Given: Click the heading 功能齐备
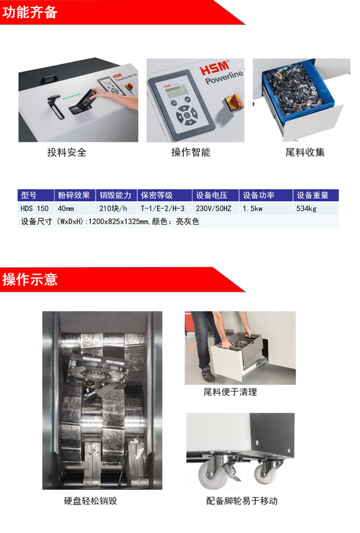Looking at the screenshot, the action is point(29,13).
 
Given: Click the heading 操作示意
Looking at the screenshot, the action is point(30,280).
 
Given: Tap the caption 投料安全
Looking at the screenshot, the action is point(67,152).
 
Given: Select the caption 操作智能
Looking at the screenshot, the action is point(191,152).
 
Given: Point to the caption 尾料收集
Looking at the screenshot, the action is point(305,152).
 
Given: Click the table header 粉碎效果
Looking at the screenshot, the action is point(74,195).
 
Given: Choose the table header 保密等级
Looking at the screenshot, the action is point(157,195).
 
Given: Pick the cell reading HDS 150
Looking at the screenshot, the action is point(34,208).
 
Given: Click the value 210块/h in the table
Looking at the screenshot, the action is point(113,208).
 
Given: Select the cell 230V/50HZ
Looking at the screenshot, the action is point(213,208).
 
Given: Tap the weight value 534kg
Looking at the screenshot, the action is point(306,209).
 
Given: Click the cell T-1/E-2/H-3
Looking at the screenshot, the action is point(162,208).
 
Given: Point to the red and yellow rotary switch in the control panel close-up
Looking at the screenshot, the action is point(234,102).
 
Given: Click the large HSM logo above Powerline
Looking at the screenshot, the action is point(215,67).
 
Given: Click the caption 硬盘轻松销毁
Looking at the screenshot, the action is point(90,501).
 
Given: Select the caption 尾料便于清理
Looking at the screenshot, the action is point(230,392).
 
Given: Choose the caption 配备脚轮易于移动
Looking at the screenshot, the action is point(241,501).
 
